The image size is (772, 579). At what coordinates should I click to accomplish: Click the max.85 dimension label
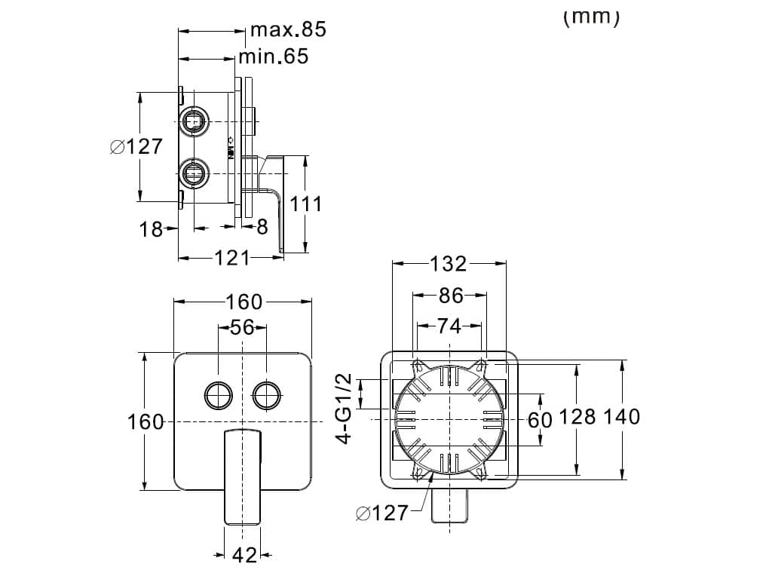[x=288, y=29]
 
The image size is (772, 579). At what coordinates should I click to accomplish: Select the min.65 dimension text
[x=274, y=57]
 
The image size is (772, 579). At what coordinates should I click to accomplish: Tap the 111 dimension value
[x=305, y=204]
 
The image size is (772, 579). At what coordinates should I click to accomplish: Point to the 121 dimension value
[x=232, y=258]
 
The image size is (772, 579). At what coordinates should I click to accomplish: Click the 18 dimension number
[x=151, y=229]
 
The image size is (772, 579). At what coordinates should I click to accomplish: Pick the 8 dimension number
[x=262, y=227]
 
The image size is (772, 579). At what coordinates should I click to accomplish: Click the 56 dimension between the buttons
[x=242, y=327]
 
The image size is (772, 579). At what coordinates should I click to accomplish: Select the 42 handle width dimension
[x=244, y=556]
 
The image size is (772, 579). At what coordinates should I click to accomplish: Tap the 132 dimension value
[x=448, y=264]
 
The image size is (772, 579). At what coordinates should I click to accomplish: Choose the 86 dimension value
[x=451, y=296]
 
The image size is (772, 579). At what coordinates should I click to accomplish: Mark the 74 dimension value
[x=449, y=326]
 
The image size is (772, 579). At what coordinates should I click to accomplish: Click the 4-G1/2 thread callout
[x=345, y=409]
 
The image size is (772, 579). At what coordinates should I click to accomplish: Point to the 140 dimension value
[x=621, y=416]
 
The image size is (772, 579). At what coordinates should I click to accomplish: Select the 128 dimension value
[x=577, y=416]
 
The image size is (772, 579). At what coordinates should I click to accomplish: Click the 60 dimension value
[x=540, y=420]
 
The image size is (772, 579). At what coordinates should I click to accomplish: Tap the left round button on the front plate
[x=218, y=395]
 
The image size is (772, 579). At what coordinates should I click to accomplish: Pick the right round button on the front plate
[x=267, y=395]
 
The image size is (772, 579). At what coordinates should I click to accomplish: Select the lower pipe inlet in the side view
[x=194, y=173]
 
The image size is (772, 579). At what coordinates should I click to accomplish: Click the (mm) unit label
[x=591, y=17]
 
